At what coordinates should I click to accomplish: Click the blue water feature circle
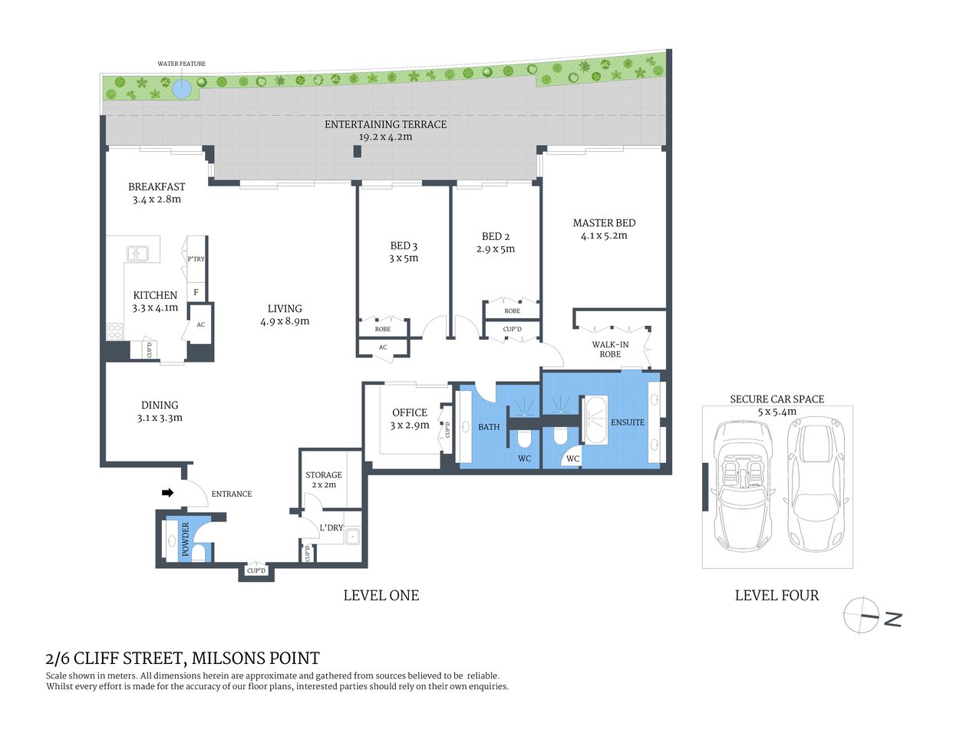[181, 89]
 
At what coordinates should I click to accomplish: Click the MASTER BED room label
[604, 223]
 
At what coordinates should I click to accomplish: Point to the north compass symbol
[861, 616]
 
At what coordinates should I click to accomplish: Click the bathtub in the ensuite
[595, 420]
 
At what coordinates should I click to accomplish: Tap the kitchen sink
[138, 252]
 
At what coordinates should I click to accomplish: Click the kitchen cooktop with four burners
[114, 331]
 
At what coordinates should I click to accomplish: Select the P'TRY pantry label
[196, 259]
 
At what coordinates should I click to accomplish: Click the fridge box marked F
[196, 292]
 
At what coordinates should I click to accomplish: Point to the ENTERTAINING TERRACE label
[385, 124]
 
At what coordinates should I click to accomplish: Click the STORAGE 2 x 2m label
[324, 480]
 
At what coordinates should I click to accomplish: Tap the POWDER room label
[185, 539]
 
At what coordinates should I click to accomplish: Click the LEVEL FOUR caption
[777, 596]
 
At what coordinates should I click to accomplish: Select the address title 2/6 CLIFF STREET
[183, 658]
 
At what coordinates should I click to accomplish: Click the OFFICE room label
[410, 412]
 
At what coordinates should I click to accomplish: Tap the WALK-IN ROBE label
[610, 350]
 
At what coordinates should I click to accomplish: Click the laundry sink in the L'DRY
[352, 536]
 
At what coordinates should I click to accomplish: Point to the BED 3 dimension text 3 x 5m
[404, 258]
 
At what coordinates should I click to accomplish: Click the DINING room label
[160, 405]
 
